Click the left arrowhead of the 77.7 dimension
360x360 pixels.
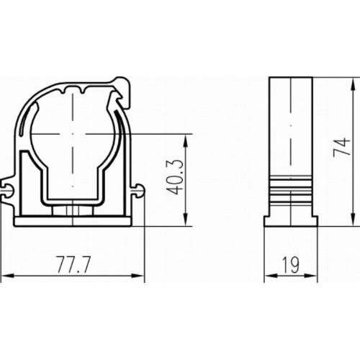4,276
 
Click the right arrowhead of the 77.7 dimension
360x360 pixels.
142,276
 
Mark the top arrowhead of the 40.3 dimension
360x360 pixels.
187,136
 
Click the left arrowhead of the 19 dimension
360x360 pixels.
268,276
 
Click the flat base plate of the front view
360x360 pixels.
73,220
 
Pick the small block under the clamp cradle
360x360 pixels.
73,210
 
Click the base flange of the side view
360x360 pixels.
291,218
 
